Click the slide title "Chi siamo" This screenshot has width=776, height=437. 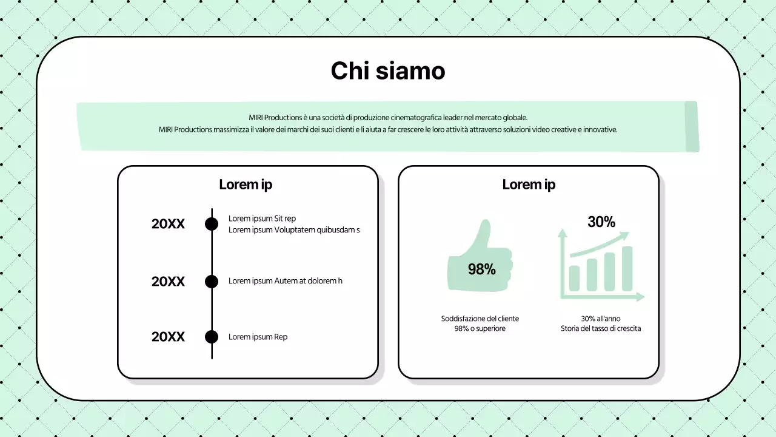[x=388, y=71]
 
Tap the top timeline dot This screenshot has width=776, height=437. [x=212, y=224]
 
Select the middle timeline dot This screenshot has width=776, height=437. [x=212, y=281]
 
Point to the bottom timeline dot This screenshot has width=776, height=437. [x=212, y=337]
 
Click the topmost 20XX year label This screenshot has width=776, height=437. [x=168, y=224]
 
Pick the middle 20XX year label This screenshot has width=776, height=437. [x=168, y=282]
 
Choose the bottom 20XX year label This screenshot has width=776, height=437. [x=168, y=337]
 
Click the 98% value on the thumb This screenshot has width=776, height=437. [x=482, y=269]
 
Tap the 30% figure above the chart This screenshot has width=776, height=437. [x=601, y=222]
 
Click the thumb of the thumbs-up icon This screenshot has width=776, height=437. [x=483, y=234]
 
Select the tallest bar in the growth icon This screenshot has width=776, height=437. [x=627, y=268]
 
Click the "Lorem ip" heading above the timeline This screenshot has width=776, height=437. [x=246, y=185]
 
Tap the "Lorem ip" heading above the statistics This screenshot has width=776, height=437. [x=529, y=185]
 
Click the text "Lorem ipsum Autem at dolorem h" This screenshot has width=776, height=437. [x=286, y=281]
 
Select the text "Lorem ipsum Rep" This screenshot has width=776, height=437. [x=258, y=337]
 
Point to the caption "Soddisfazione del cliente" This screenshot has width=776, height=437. [x=480, y=319]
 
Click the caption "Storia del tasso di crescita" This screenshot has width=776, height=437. [x=601, y=328]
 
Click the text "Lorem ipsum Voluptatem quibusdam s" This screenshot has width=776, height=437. [x=294, y=230]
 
